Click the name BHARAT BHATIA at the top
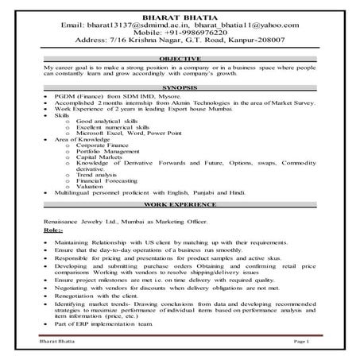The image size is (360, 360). click(180, 17)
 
